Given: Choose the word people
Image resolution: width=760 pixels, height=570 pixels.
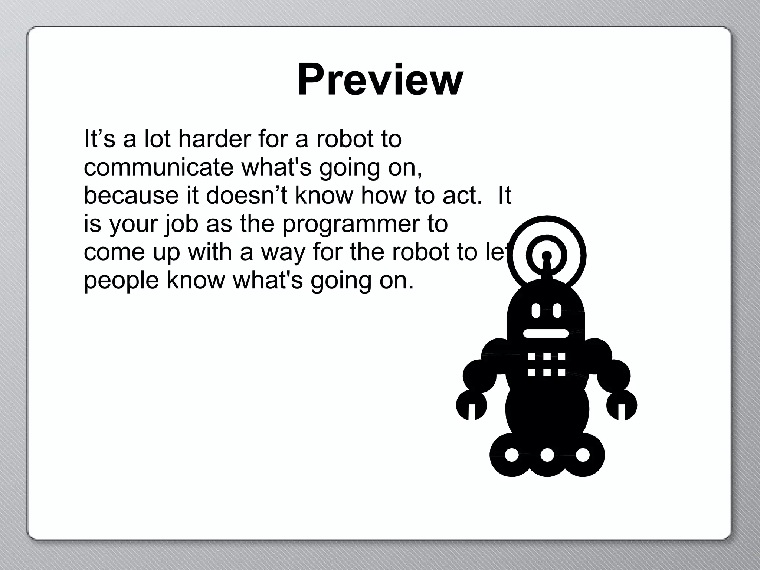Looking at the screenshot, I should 121,281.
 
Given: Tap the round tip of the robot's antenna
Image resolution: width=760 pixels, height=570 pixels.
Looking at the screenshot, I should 546,256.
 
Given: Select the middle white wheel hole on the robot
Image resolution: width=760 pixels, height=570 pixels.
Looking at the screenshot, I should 547,455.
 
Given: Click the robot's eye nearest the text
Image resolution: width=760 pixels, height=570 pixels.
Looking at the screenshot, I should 535,311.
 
